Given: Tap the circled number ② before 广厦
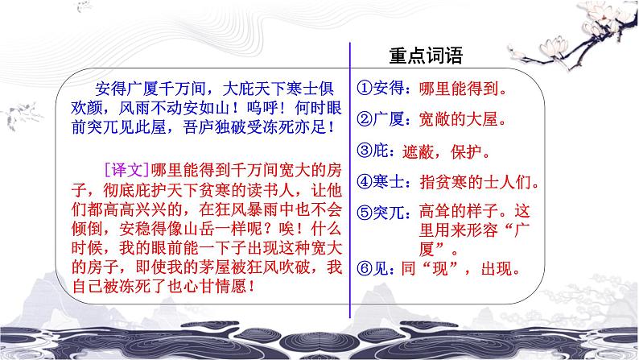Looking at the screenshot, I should [x=363, y=120].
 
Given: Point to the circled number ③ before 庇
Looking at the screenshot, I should [x=363, y=151].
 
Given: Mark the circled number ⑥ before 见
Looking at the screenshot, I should [x=363, y=271].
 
